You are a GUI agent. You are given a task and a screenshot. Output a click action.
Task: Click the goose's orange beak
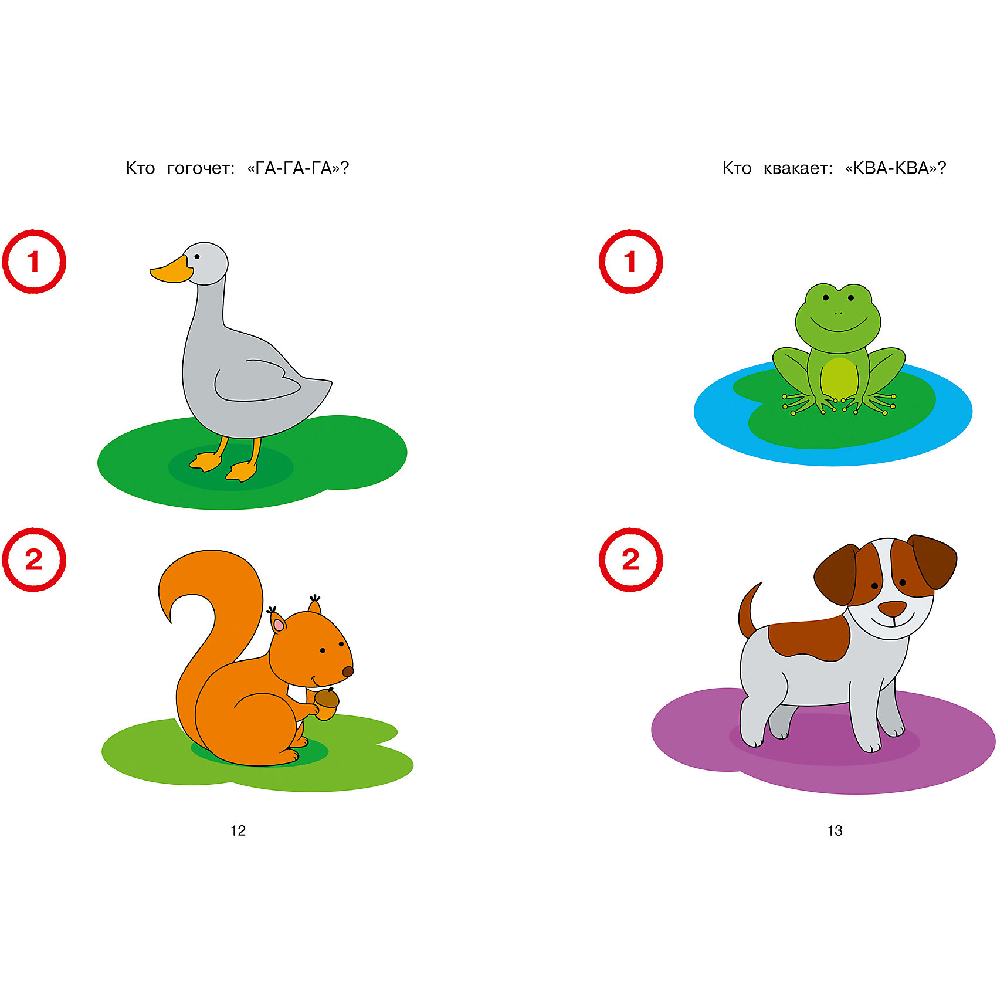coord(172,270)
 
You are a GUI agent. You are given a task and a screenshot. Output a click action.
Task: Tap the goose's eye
coord(197,256)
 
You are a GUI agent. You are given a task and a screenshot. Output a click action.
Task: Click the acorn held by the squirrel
coord(326,703)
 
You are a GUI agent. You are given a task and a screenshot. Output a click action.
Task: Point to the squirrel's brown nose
coord(348,672)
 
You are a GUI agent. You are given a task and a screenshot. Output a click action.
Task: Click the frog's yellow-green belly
coord(839,377)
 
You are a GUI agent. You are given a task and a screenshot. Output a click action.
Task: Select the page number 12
coord(238,830)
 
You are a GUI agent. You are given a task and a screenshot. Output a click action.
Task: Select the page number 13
coord(835,830)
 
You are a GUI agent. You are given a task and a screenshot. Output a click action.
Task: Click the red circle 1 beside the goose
coord(34,262)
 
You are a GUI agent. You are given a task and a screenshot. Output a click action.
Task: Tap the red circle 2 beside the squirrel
coord(34,560)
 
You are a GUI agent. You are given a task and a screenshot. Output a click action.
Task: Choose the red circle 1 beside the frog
coord(630,262)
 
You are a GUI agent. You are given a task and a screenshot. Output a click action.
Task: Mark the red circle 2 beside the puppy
coord(630,560)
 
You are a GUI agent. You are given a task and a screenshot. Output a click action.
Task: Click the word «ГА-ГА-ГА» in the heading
coord(299,168)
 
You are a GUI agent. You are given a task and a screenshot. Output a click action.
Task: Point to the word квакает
coord(798,169)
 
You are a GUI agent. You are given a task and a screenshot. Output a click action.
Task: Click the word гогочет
coord(201,169)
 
